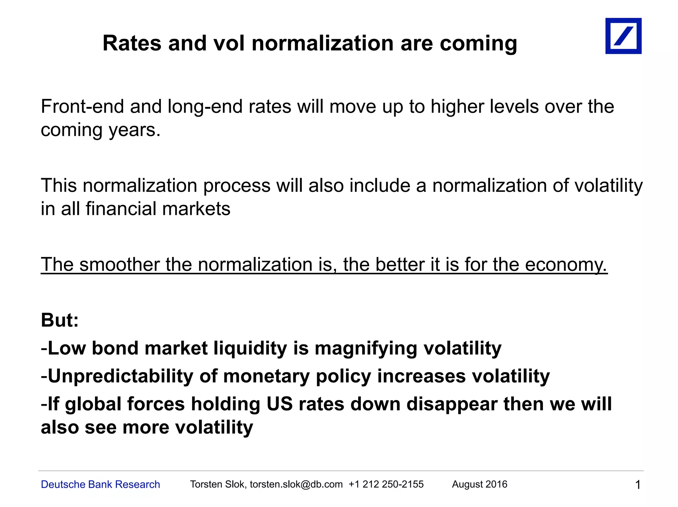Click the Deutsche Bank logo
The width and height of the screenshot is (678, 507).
(x=623, y=36)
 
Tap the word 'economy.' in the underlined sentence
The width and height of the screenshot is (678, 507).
(x=566, y=265)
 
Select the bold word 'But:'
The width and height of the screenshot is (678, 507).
(x=60, y=320)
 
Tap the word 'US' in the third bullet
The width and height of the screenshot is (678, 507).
(x=279, y=404)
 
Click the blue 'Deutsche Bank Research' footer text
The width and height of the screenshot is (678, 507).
(x=100, y=484)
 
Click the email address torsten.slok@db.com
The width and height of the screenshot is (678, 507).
(x=296, y=484)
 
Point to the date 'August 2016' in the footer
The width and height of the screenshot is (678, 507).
(x=479, y=484)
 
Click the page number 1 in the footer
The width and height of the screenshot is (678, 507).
(x=638, y=485)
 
